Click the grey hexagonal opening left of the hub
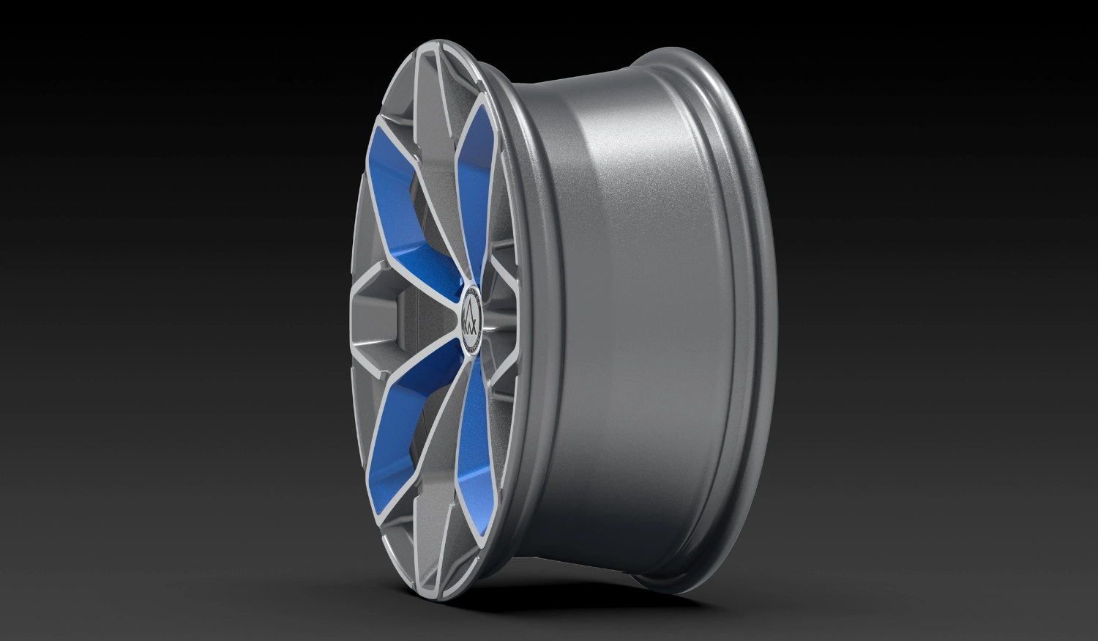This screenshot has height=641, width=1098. (377, 320)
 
